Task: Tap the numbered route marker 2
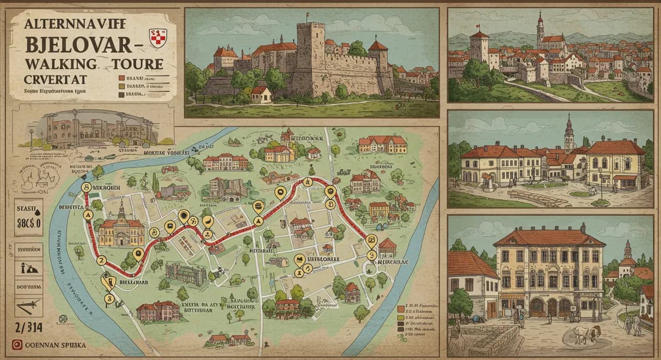coord(100,260)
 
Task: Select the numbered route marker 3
coord(109,298)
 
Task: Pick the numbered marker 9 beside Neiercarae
coord(372,255)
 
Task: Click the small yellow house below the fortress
coord(261,94)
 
